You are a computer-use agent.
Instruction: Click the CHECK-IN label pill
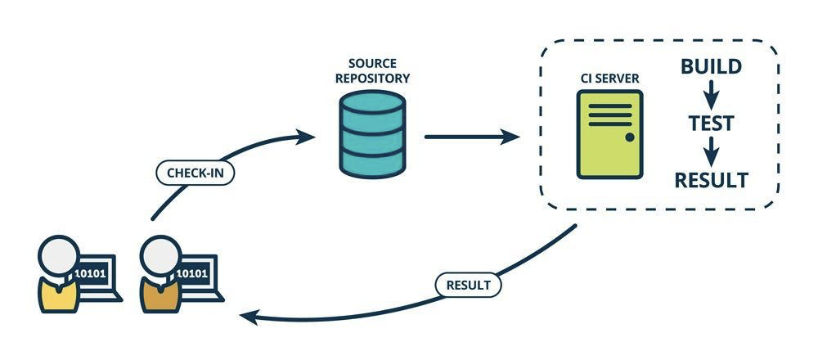point(196,173)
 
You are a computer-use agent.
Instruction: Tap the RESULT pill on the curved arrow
point(468,285)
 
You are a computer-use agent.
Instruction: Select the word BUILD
point(711,67)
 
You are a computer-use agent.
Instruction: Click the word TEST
point(711,124)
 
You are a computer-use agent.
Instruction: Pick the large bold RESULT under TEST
point(711,180)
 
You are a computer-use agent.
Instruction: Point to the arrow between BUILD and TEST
point(711,95)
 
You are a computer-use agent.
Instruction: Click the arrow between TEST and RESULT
point(711,152)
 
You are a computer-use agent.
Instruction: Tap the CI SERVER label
point(610,79)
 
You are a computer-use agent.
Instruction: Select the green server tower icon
point(610,135)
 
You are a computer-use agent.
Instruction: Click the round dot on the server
point(630,137)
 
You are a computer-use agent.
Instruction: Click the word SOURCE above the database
point(372,64)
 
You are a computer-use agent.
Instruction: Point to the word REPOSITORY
point(372,79)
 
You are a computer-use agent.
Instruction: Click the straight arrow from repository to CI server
point(472,137)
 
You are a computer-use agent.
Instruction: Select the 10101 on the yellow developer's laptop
point(90,273)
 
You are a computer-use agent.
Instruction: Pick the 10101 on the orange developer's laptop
point(192,273)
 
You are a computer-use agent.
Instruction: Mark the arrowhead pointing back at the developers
point(249,316)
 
